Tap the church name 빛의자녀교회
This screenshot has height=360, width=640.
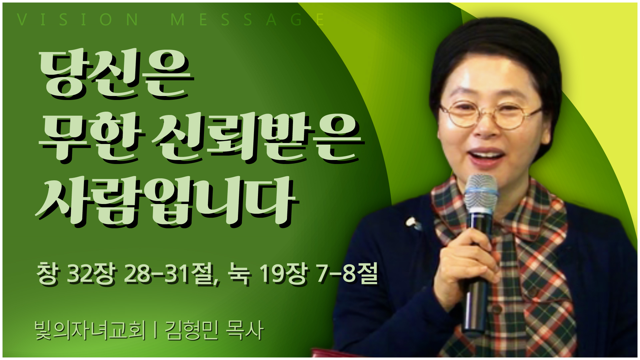pyautogui.click(x=90, y=330)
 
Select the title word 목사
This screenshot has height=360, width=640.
pyautogui.click(x=245, y=330)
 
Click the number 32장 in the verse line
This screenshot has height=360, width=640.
pyautogui.click(x=92, y=274)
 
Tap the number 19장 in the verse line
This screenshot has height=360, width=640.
pyautogui.click(x=283, y=274)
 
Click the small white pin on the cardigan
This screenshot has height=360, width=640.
pyautogui.click(x=413, y=223)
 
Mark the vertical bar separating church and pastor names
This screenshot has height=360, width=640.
pyautogui.click(x=156, y=330)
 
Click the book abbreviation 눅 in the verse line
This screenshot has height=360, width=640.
pyautogui.click(x=239, y=274)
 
